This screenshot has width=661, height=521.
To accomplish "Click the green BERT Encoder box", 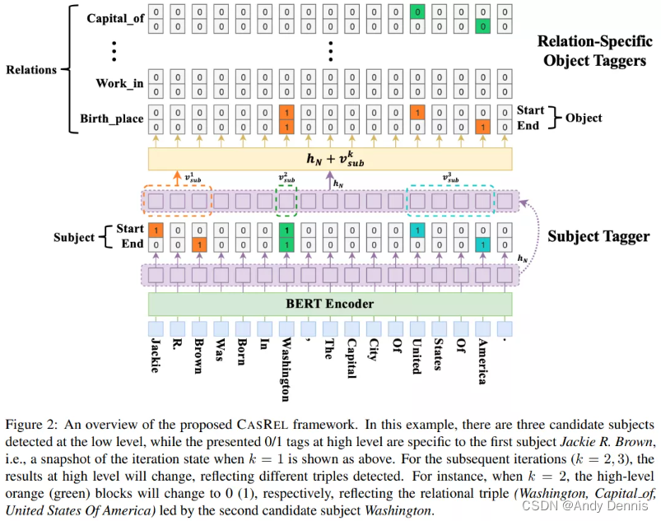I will [x=329, y=305].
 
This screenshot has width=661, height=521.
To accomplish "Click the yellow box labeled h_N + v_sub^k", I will [x=329, y=159].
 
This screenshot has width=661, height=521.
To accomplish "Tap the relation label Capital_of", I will [x=114, y=19].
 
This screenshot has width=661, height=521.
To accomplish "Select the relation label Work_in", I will [x=121, y=83].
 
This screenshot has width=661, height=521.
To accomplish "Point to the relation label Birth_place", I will [x=112, y=119].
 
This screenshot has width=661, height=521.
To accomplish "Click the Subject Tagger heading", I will [x=598, y=236].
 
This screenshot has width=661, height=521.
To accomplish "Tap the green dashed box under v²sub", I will [x=286, y=201].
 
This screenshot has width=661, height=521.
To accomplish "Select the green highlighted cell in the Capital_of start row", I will [x=417, y=12].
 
